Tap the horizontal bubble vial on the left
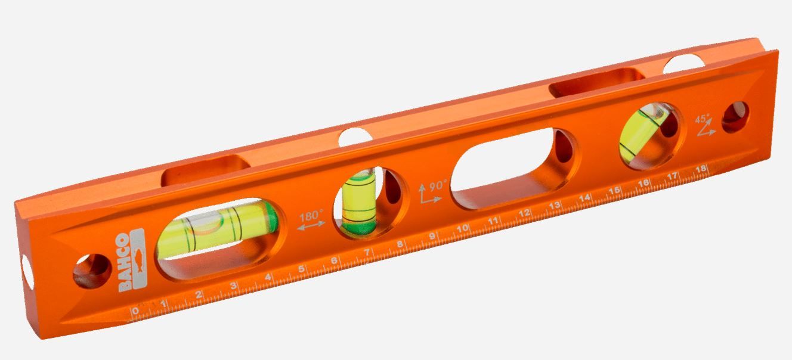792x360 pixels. coord(217,230)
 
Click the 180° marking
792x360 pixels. coord(311,213)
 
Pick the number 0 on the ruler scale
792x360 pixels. coord(135,311)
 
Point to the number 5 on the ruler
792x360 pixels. coord(302,268)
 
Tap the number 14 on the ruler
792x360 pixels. coord(585,198)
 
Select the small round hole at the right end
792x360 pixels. coord(735,117)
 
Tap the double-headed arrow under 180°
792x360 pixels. coord(311,225)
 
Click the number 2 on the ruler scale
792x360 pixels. coord(199,294)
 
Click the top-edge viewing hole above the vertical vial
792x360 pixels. coord(355,136)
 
